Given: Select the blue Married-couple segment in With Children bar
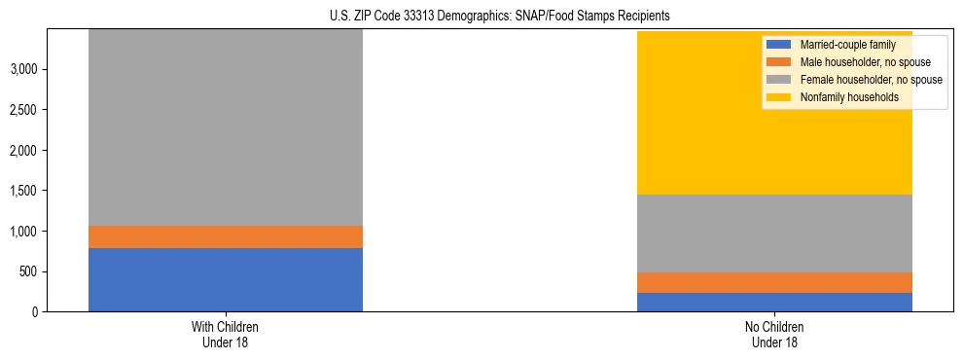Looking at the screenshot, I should click(x=225, y=279).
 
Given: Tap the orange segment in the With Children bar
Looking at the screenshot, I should click(x=225, y=236).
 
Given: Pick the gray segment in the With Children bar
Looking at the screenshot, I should click(x=225, y=126).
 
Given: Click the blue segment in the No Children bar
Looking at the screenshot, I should click(x=774, y=302).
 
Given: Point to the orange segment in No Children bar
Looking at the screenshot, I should click(x=774, y=282).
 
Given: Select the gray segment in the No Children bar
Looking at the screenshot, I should click(x=774, y=234).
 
